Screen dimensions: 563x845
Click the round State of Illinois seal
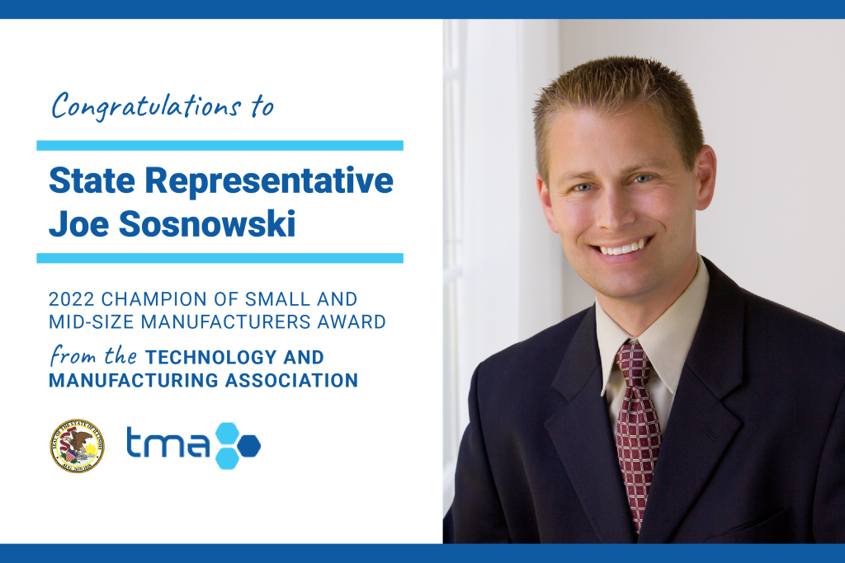pyautogui.click(x=77, y=445)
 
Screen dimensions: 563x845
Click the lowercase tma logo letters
pyautogui.click(x=168, y=445)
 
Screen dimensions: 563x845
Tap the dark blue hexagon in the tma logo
pyautogui.click(x=246, y=446)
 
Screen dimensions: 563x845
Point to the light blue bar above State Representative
pyautogui.click(x=220, y=145)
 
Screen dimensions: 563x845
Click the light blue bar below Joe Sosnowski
pyautogui.click(x=220, y=258)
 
